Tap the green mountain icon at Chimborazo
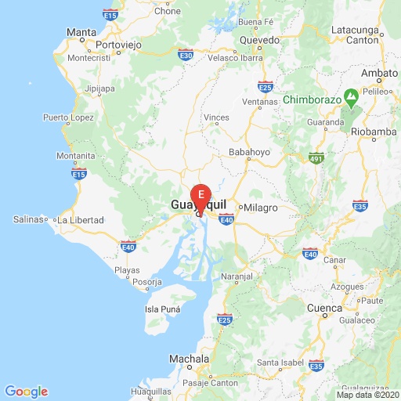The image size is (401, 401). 352,99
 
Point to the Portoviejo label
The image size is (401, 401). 118,45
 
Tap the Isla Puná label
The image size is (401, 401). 163,309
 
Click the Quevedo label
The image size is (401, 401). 259,38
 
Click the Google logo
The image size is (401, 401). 26,392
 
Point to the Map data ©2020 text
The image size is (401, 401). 367,395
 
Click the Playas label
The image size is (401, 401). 128,269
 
